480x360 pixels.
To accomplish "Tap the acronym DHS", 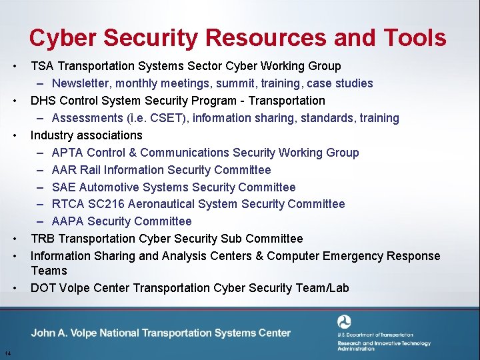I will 43,101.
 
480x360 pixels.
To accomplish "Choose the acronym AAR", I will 64,170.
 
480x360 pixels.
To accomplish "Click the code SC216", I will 107,204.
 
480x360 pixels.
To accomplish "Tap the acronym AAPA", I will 67,221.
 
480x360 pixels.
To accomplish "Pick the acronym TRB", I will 43,239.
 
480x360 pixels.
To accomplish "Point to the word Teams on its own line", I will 49,271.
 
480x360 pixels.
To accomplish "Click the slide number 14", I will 6,353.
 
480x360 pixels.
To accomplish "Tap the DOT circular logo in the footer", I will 345,323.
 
